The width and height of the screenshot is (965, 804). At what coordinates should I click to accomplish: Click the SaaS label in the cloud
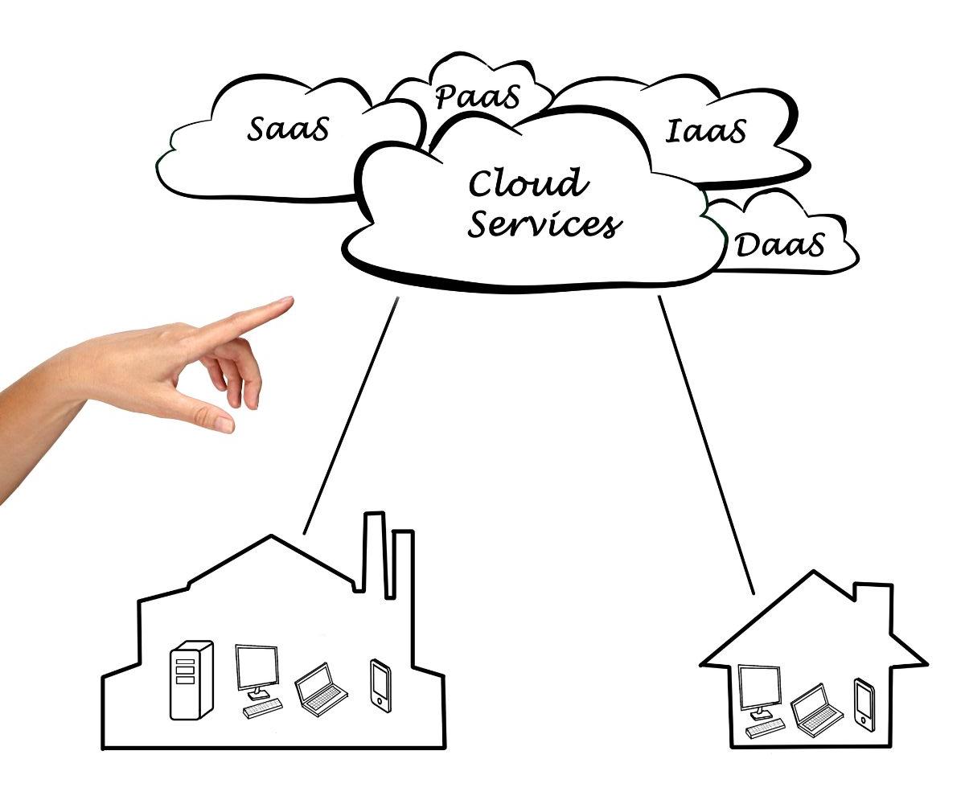(288, 129)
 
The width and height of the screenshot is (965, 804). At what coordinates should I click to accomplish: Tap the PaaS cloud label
(478, 96)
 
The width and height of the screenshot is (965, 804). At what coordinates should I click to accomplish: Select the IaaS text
(706, 130)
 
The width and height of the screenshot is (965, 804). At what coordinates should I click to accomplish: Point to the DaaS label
(780, 245)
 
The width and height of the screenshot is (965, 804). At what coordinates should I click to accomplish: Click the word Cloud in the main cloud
(528, 183)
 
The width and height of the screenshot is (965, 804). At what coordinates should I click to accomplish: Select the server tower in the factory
(191, 679)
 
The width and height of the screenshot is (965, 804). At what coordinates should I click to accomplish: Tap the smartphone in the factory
(380, 683)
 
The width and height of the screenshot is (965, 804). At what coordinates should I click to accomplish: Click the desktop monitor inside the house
(759, 688)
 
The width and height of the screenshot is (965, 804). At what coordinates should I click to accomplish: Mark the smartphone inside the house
(864, 704)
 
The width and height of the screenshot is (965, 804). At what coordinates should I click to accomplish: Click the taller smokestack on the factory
(373, 555)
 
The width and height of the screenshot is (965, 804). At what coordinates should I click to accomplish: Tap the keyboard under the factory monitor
(263, 708)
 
